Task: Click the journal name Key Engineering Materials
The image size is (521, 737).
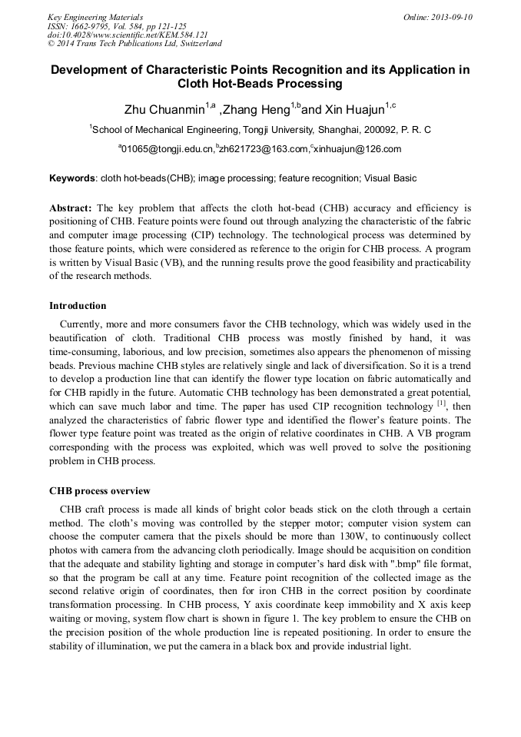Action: coord(95,16)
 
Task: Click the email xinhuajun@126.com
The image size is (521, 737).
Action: coord(357,149)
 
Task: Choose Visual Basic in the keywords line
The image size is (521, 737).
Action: coord(390,178)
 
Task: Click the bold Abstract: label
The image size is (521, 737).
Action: coord(71,208)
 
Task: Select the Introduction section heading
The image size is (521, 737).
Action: coord(78,305)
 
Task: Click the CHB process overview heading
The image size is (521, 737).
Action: coord(100,490)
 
